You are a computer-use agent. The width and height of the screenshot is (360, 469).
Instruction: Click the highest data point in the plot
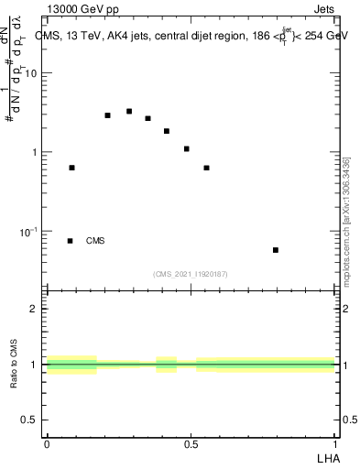point(129,111)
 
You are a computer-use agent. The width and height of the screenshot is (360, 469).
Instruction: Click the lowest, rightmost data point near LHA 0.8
point(276,249)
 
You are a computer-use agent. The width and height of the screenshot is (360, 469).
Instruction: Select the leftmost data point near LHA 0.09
point(72,168)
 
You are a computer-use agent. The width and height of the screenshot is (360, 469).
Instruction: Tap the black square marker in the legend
point(71,241)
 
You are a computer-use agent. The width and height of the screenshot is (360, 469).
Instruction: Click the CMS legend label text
point(95,241)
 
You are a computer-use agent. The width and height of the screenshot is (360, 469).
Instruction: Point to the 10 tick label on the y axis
point(31,73)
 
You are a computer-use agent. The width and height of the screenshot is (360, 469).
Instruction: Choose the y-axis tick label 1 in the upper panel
point(35,152)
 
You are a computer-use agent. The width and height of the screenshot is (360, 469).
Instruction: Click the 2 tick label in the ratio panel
point(35,309)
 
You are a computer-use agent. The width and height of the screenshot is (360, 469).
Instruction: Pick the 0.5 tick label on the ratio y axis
point(30,420)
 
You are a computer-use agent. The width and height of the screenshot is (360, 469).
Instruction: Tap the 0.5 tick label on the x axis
point(191,443)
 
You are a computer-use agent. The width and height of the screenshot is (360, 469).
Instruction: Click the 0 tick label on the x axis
point(47,443)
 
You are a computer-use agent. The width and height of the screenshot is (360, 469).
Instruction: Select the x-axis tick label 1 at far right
point(335,443)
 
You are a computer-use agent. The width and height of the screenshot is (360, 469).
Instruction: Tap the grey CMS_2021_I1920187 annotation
point(191,274)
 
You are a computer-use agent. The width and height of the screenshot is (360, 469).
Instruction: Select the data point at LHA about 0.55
point(207,168)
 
